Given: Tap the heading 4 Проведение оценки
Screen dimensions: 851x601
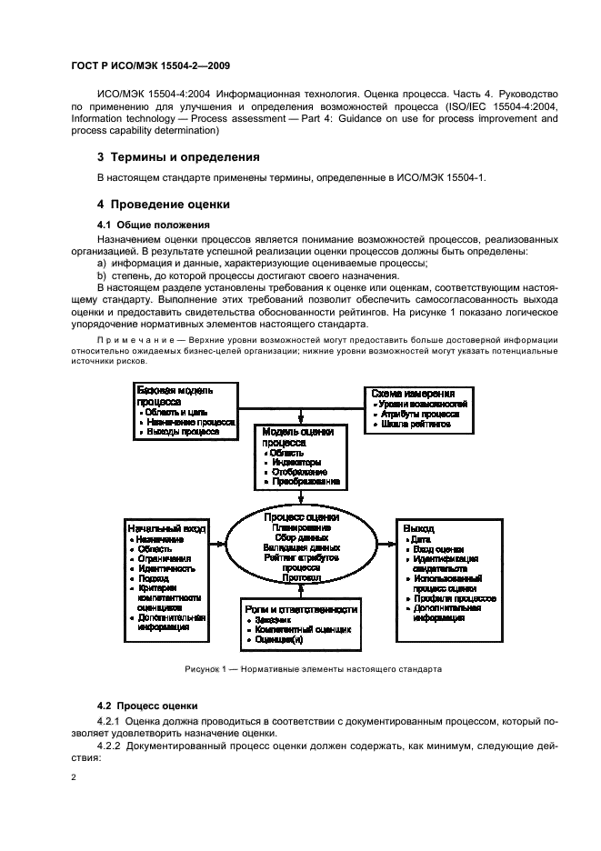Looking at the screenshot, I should [x=164, y=204].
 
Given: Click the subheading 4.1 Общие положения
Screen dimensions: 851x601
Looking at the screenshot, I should [x=154, y=224].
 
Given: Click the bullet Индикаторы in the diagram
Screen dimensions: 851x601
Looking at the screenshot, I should [x=295, y=461].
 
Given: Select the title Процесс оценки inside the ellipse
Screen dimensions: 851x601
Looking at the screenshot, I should [x=299, y=516].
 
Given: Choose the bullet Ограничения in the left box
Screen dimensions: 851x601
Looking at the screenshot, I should [x=167, y=559].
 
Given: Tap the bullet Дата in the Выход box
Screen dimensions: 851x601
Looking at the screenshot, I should [x=423, y=539].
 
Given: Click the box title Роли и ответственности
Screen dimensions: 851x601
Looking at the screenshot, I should [x=301, y=608].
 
